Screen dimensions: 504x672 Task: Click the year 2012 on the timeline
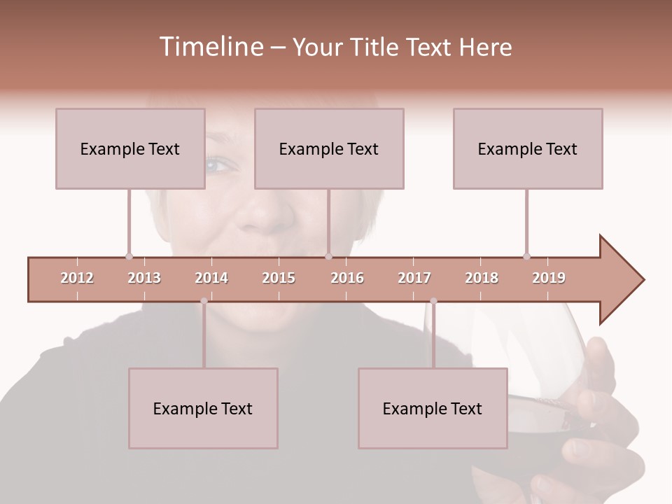point(77,278)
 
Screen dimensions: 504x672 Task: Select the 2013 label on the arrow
point(144,278)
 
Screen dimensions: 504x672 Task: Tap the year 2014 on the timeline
point(211,278)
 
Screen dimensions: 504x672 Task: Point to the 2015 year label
point(279,278)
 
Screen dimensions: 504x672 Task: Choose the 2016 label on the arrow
point(347,278)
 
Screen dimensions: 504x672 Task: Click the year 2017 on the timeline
point(414,278)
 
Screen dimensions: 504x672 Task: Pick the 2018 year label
point(482,278)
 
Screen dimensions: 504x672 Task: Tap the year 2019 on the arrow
point(549,278)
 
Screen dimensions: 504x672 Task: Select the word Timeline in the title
point(209,47)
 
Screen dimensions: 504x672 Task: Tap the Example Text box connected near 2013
point(130,148)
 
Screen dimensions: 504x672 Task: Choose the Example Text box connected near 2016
point(329,148)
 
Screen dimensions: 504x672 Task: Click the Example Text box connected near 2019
point(528,148)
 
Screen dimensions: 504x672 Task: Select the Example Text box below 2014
point(203,408)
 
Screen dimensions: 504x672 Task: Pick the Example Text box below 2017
point(433,408)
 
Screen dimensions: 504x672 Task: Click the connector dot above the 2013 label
point(129,256)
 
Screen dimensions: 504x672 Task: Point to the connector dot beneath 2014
point(204,301)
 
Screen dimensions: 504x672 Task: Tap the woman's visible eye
point(219,165)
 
